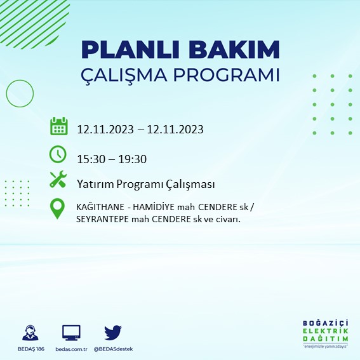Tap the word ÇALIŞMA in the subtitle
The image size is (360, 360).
[x=131, y=75]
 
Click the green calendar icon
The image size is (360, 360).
[x=58, y=126]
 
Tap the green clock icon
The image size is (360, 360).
[x=58, y=154]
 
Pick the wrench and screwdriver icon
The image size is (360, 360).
[x=58, y=180]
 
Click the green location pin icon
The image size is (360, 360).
[x=58, y=209]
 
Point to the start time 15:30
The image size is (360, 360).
[x=91, y=158]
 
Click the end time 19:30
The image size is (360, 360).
[x=133, y=158]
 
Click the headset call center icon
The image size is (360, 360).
[x=29, y=333]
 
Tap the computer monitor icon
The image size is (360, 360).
[x=71, y=333]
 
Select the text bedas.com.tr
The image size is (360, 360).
[x=71, y=349]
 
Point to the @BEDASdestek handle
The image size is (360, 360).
[x=113, y=349]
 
